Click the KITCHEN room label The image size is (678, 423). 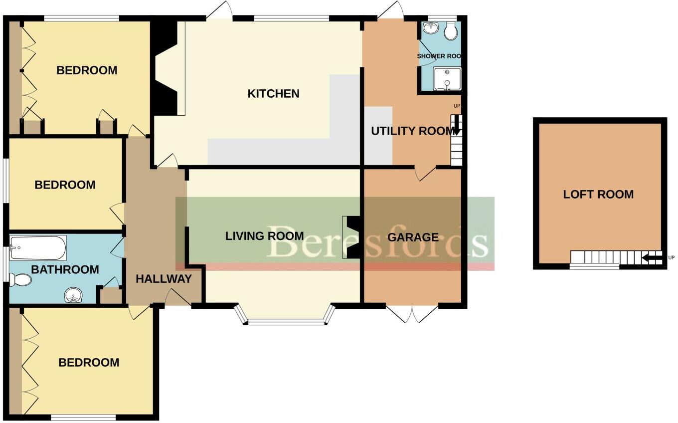coord(273,93)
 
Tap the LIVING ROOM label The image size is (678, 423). coord(264,235)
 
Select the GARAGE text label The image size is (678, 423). coord(413,237)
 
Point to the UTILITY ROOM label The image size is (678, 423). coord(413,131)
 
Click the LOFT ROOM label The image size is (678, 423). coord(598,195)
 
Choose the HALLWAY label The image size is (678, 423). coord(164,279)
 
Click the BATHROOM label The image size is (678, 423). coord(65,269)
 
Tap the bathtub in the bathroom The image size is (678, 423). coord(38,248)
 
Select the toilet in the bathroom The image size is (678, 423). coord(20,280)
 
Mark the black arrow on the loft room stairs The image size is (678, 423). coord(651,258)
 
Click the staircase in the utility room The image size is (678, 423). coord(456,141)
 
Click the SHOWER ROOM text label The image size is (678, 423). coord(439,56)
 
